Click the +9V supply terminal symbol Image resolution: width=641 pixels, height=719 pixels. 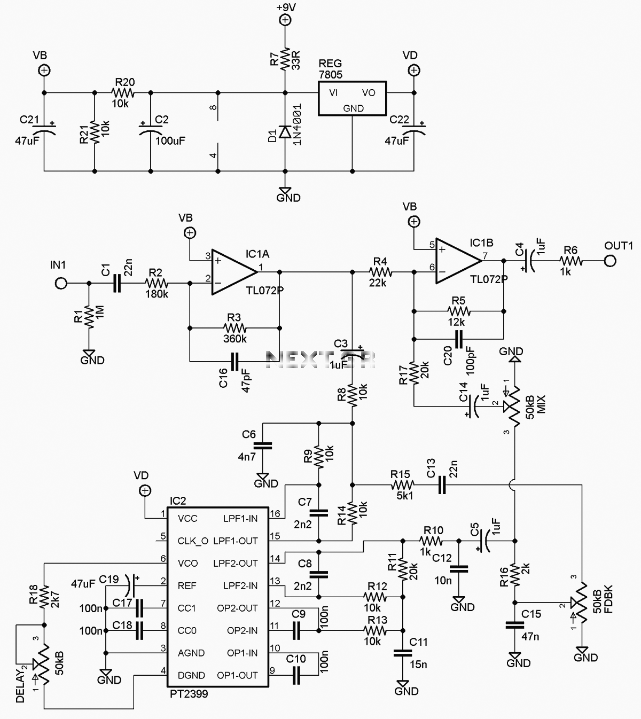(x=285, y=20)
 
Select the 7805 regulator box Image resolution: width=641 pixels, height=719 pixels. (x=352, y=98)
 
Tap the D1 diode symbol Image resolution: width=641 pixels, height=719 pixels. (x=285, y=131)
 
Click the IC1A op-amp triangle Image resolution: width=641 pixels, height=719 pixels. (x=234, y=272)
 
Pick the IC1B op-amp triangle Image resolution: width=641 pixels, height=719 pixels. (x=459, y=261)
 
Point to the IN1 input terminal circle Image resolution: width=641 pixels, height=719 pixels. (x=61, y=283)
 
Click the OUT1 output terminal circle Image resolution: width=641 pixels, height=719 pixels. (x=610, y=261)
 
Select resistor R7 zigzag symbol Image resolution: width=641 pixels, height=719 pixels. (x=285, y=59)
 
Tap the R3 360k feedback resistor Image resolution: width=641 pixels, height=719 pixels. (x=234, y=328)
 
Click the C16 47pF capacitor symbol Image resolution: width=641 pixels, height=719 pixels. (x=234, y=362)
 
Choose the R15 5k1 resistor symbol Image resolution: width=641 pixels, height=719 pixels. (x=403, y=484)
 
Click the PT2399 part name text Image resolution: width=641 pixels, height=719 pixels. (x=189, y=694)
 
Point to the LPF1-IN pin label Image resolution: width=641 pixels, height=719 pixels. (x=240, y=519)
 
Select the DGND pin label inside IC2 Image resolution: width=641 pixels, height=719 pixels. (x=191, y=675)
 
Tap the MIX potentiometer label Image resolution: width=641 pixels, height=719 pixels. (x=541, y=404)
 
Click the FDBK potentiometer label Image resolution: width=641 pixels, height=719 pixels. (x=608, y=599)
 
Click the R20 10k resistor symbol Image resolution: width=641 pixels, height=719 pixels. (x=123, y=92)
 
